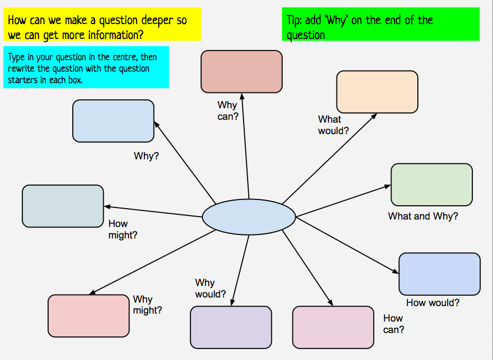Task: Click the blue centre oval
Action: click(249, 217)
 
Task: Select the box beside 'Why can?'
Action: click(241, 71)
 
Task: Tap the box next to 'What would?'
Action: click(377, 92)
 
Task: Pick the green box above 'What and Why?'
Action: click(432, 185)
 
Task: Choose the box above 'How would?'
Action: click(439, 274)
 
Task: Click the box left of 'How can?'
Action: click(333, 327)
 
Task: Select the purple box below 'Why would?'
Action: click(230, 327)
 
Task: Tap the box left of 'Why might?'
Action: click(88, 315)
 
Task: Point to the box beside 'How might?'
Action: click(62, 206)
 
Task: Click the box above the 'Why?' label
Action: click(113, 121)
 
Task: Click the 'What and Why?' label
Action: click(423, 216)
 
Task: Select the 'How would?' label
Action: click(433, 303)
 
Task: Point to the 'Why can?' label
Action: click(227, 111)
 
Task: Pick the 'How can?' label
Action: click(393, 324)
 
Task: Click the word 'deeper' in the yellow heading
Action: click(150, 21)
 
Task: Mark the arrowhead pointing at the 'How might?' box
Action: click(107, 206)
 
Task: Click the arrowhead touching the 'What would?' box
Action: click(374, 115)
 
